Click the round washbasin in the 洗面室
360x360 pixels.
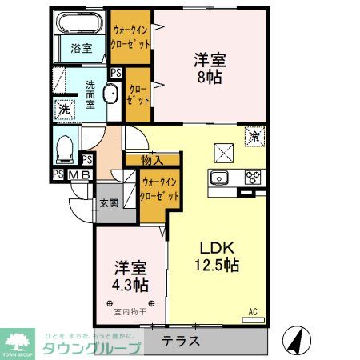pyautogui.click(x=111, y=97)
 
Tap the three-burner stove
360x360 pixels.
pyautogui.click(x=254, y=178)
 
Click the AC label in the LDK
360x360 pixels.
pyautogui.click(x=253, y=311)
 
